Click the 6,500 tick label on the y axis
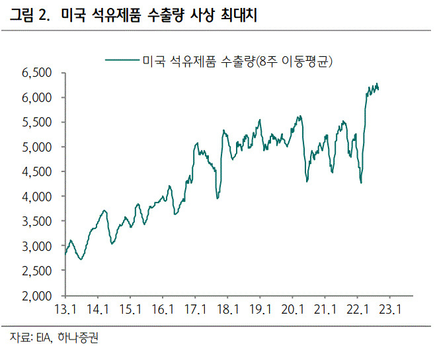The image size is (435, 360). pyautogui.click(x=36, y=73)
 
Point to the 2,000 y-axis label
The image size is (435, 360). pyautogui.click(x=36, y=296)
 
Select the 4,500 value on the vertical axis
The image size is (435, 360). pyautogui.click(x=36, y=172)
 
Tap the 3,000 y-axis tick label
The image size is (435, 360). pyautogui.click(x=36, y=246)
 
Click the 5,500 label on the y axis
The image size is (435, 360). pyautogui.click(x=36, y=122)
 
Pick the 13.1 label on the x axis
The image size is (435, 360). pyautogui.click(x=65, y=309)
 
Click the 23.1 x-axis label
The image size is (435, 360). pyautogui.click(x=390, y=309)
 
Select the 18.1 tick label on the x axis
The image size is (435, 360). pyautogui.click(x=228, y=309)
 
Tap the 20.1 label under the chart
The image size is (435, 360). pyautogui.click(x=293, y=309)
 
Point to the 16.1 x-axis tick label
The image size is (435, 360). pyautogui.click(x=163, y=309)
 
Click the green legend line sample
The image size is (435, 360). pyautogui.click(x=122, y=60)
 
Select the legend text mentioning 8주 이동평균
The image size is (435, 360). pyautogui.click(x=237, y=61)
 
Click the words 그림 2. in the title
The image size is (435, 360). pyautogui.click(x=30, y=15)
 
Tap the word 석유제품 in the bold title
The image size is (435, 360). pyautogui.click(x=116, y=15)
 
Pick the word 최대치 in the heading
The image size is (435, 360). pyautogui.click(x=239, y=15)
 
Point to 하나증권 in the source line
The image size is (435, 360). pyautogui.click(x=78, y=337)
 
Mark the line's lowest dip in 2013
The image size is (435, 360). pyautogui.click(x=81, y=259)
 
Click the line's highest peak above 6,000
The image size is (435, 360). pyautogui.click(x=377, y=83)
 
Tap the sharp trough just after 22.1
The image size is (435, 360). pyautogui.click(x=361, y=183)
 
